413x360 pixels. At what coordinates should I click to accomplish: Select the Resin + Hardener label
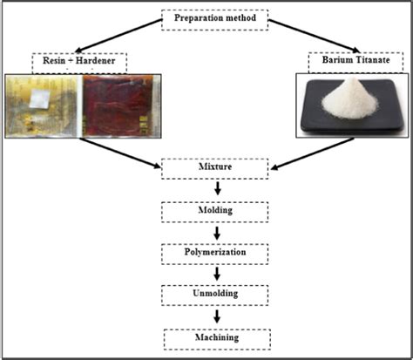pos(79,63)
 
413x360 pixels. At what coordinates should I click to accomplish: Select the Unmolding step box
pos(213,294)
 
